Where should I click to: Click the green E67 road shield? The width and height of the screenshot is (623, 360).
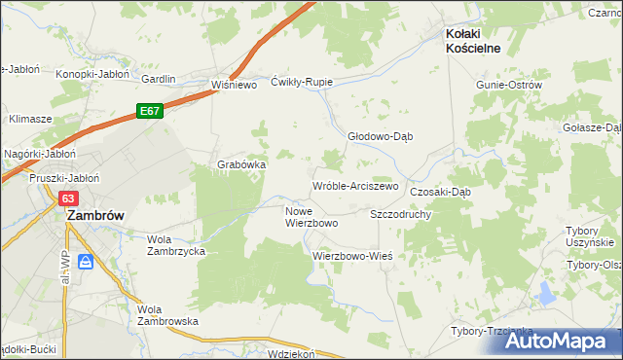[149, 112]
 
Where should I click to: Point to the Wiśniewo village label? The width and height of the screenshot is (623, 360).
[234, 85]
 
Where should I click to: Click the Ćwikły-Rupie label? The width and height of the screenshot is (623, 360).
[302, 83]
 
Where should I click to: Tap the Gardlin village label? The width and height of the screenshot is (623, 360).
[159, 80]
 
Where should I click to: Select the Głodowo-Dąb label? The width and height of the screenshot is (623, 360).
[381, 136]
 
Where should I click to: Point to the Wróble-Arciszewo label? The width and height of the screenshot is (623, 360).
[355, 185]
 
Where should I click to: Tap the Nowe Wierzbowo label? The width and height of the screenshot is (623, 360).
[311, 217]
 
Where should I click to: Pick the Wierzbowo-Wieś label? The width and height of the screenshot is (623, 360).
[351, 256]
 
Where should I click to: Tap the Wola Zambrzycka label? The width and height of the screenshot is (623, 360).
[175, 244]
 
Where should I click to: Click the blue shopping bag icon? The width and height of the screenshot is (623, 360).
[86, 262]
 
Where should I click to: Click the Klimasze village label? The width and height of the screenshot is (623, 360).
[30, 119]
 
